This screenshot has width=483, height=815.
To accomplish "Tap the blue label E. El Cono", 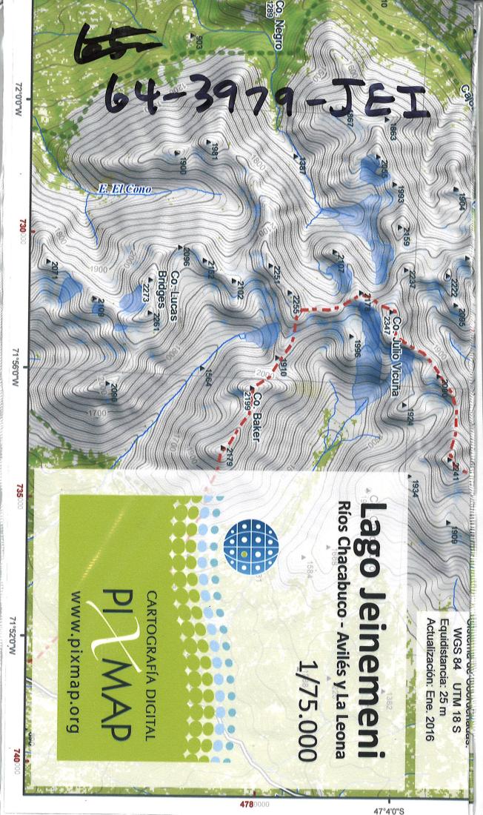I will (124, 190).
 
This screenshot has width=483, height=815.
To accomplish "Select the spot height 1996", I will (356, 349).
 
